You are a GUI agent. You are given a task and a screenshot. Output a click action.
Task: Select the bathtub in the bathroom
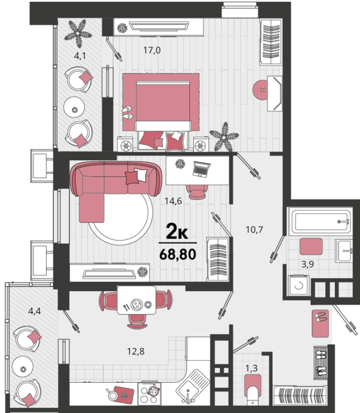(x=320, y=222)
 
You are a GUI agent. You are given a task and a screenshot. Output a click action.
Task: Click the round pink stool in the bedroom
(x=261, y=89)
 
